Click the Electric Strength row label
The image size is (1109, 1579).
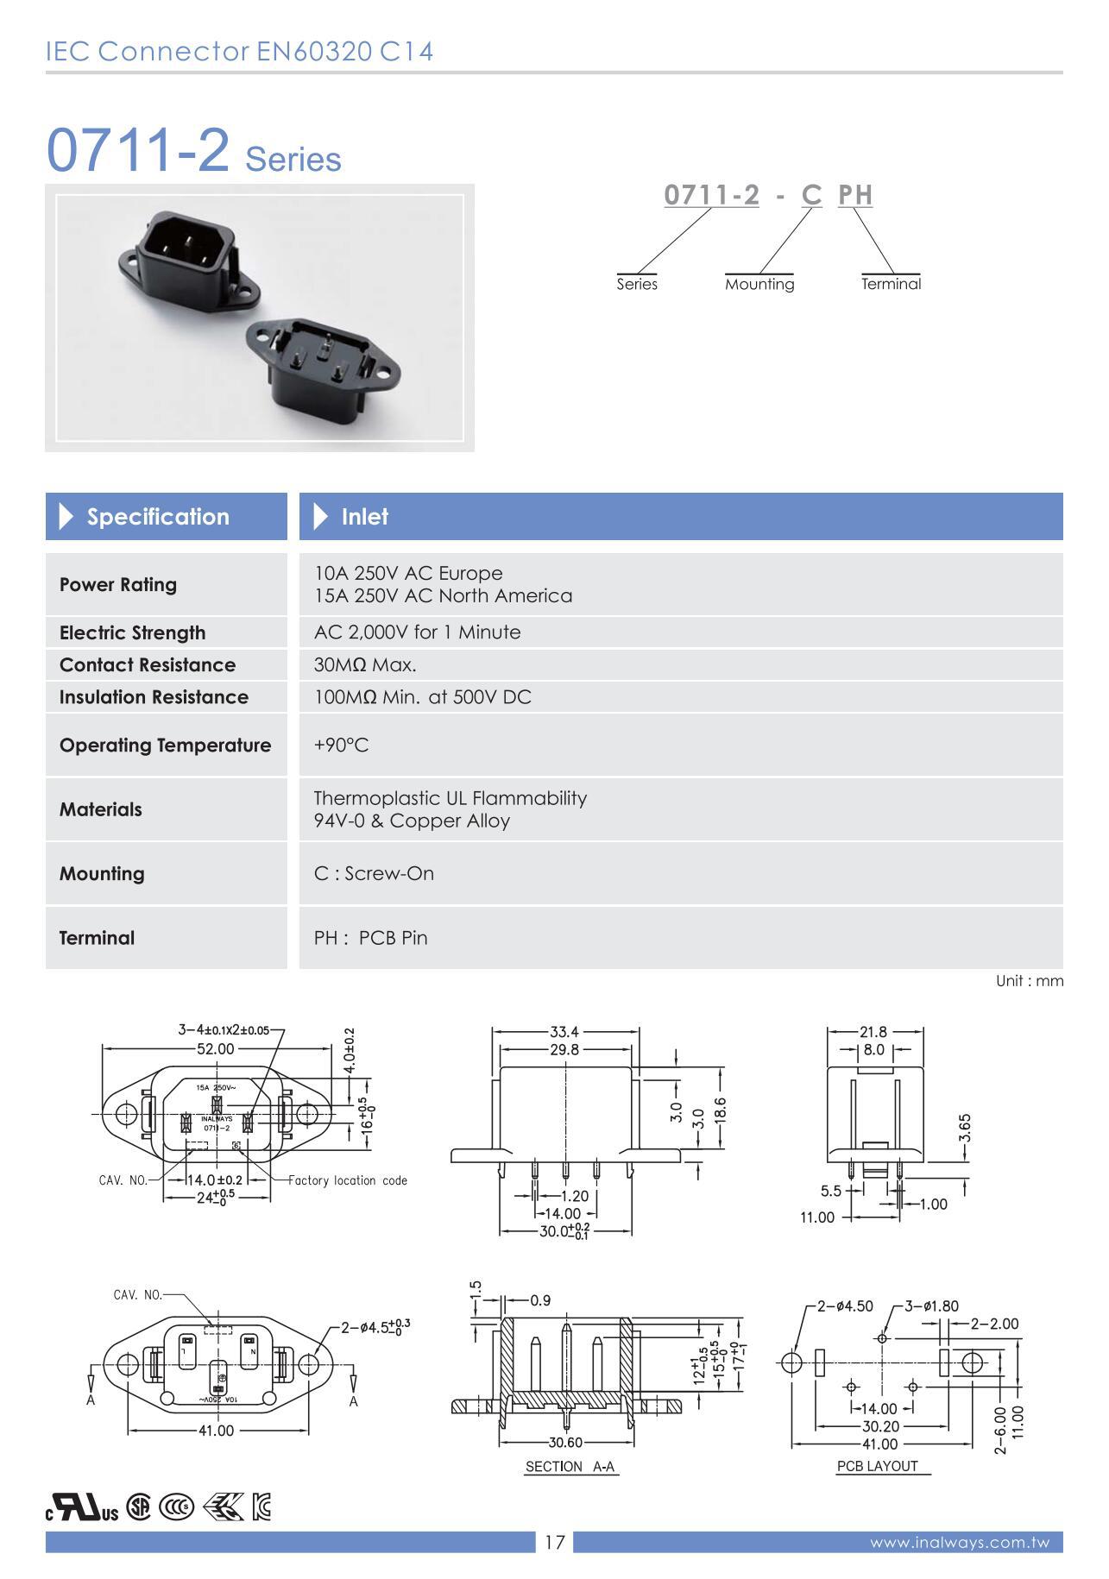pos(132,632)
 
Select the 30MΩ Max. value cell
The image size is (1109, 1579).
pos(365,664)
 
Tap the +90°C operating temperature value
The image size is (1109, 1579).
pos(341,745)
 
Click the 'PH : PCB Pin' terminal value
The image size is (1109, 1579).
pos(370,937)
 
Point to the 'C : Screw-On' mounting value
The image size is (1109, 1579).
pos(374,873)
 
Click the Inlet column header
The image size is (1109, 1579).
pos(364,517)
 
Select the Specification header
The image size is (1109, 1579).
pos(158,517)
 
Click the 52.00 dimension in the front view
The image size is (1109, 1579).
pos(215,1048)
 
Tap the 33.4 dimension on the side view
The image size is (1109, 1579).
pos(564,1031)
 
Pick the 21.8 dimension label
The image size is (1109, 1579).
pos(873,1032)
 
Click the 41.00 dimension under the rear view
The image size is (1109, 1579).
pos(216,1431)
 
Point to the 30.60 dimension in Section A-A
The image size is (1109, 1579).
pos(565,1442)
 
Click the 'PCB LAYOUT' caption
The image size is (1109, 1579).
pos(878,1466)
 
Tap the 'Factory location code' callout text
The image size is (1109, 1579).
pos(347,1180)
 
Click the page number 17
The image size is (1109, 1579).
pos(554,1542)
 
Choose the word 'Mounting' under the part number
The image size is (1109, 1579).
pos(759,284)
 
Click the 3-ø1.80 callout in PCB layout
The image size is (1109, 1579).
pos(931,1305)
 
